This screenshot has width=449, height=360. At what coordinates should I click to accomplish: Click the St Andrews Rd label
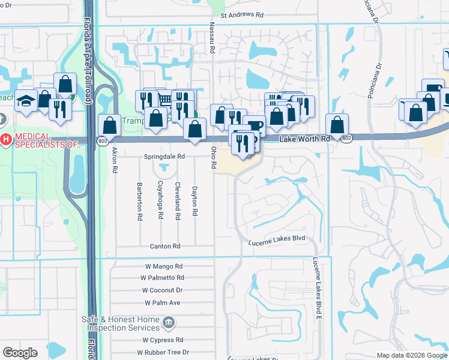tap(242, 16)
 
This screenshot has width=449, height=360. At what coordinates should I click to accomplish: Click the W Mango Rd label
tap(163, 266)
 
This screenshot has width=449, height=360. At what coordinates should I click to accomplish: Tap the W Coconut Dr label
tap(162, 290)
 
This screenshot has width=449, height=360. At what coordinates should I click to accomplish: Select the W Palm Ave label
tap(162, 302)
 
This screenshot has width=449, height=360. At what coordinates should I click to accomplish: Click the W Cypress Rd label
tap(158, 340)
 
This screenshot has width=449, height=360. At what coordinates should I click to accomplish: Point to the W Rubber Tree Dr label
tap(162, 352)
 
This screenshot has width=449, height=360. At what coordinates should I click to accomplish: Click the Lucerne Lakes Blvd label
tap(277, 239)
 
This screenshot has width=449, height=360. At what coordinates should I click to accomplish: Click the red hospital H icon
tap(6, 140)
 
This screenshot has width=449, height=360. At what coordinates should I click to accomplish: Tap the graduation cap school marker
tap(26, 101)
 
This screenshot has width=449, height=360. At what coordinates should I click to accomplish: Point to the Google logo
tap(20, 353)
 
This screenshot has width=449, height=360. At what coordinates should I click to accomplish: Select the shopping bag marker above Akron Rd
tap(109, 125)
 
